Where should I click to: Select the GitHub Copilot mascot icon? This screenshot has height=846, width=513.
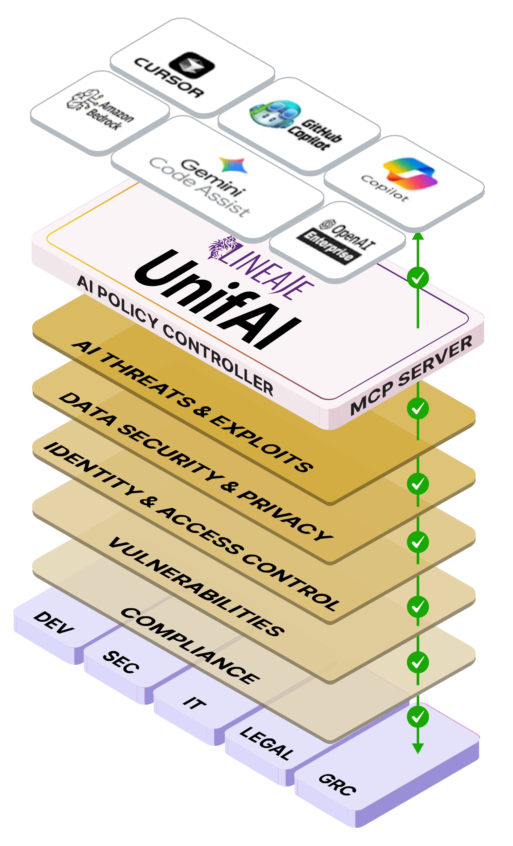(x=275, y=113)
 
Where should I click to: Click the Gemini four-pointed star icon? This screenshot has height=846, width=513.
(x=234, y=164)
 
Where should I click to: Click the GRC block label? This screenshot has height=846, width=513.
(x=337, y=785)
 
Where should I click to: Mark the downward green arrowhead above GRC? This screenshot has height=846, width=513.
(x=418, y=748)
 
